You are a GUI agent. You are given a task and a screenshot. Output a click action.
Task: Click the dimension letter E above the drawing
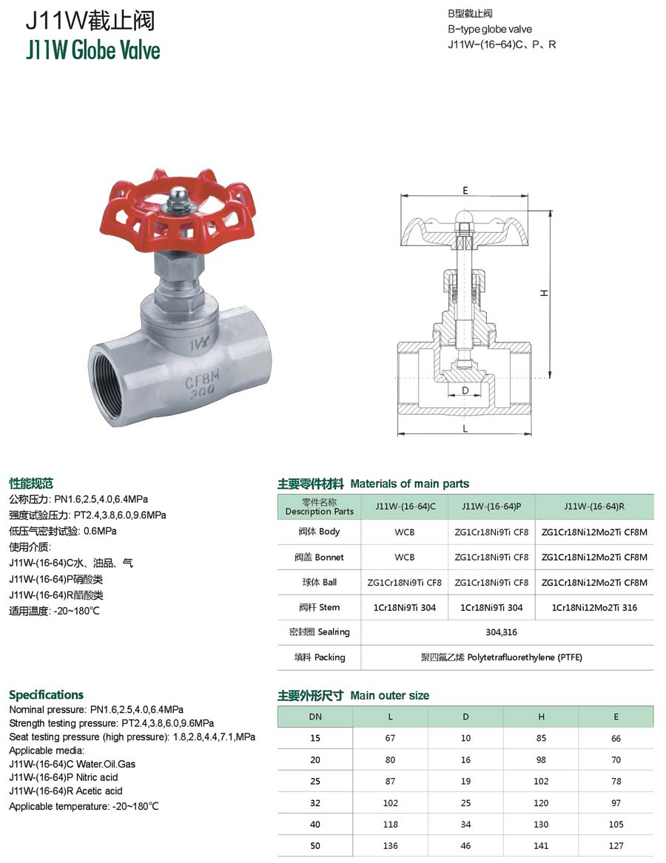(465, 191)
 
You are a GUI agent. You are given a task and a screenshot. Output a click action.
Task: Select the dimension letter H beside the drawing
(544, 294)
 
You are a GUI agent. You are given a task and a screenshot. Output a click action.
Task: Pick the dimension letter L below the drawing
(465, 428)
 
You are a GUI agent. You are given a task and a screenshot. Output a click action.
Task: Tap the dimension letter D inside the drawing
(465, 390)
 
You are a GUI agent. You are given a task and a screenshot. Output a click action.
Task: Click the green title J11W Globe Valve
(93, 50)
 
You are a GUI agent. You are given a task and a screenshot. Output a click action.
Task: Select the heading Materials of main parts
(410, 484)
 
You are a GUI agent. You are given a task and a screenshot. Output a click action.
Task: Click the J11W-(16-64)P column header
(491, 507)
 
